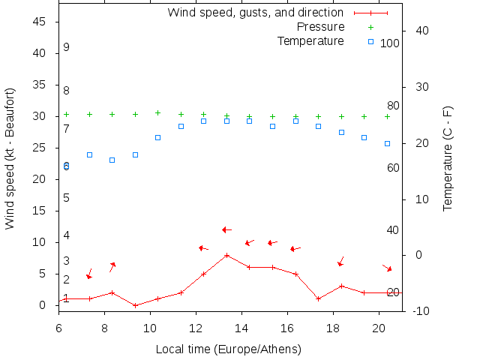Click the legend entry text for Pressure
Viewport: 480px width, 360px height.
click(x=320, y=27)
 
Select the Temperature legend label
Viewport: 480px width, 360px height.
click(x=310, y=40)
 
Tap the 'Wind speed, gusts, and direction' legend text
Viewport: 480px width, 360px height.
click(x=255, y=13)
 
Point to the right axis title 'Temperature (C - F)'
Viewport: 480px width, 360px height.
click(x=448, y=158)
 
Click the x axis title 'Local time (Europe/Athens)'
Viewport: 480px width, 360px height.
click(x=228, y=349)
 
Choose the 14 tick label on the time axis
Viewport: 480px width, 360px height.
click(x=241, y=327)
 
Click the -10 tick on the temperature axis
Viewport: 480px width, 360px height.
click(x=421, y=311)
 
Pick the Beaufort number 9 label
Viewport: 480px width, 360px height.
click(x=66, y=47)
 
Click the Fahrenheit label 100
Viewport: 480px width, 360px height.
click(x=389, y=43)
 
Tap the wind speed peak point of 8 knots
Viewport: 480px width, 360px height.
click(x=226, y=255)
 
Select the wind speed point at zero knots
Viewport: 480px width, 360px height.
click(x=135, y=305)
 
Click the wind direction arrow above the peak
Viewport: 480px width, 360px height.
click(x=226, y=229)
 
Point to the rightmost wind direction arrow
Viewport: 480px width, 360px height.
click(x=387, y=268)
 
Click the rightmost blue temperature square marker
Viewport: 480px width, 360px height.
click(x=387, y=143)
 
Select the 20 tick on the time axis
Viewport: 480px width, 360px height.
click(x=379, y=327)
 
